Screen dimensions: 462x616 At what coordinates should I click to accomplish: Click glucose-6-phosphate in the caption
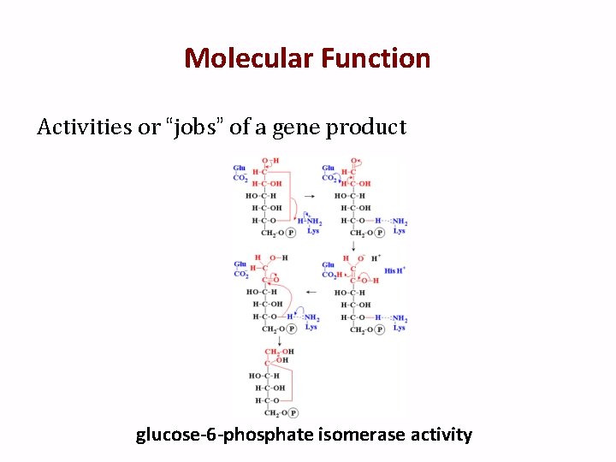225,435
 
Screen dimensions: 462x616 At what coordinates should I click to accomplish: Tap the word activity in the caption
440,435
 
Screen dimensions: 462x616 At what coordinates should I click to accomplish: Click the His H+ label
394,270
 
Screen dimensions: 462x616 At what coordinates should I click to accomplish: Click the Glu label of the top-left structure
240,168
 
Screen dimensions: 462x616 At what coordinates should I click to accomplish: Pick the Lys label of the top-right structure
399,231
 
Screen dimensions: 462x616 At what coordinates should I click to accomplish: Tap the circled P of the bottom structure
293,413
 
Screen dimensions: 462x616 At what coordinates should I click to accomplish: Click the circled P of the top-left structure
291,232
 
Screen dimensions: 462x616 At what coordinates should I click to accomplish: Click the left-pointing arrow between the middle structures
311,292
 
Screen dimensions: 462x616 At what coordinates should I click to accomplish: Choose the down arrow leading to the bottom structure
268,341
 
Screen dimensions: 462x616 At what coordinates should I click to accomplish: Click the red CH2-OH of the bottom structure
279,352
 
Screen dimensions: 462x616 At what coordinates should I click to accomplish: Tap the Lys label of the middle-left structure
311,327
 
